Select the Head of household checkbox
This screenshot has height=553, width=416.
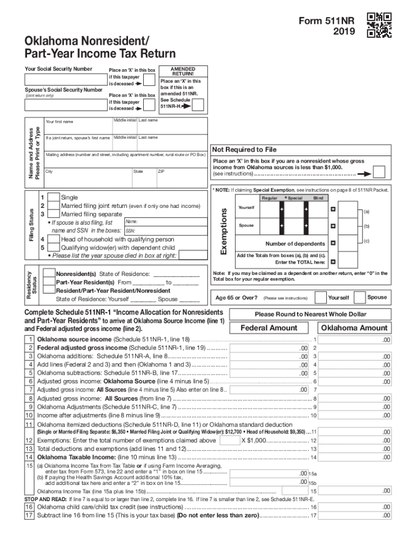pos(53,239)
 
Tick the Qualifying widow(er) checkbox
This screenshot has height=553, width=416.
pos(53,248)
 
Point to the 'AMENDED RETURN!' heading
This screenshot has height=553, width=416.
pos(183,72)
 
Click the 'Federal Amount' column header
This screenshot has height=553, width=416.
pos(269,328)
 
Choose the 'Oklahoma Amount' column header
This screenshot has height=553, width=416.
pos(354,328)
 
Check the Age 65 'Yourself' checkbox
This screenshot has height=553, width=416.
pos(320,297)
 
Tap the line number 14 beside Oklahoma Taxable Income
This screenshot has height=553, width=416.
pos(30,457)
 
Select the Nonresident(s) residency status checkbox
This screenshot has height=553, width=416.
pos(49,274)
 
